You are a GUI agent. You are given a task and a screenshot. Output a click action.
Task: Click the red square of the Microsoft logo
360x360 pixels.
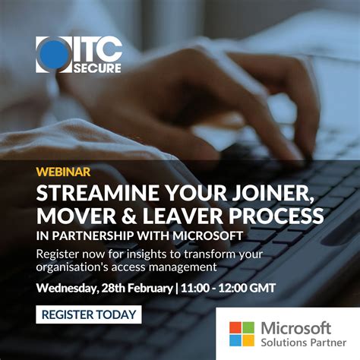pyautogui.click(x=236, y=327)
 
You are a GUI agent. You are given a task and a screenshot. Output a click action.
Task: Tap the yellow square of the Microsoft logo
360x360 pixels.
pyautogui.click(x=248, y=339)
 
